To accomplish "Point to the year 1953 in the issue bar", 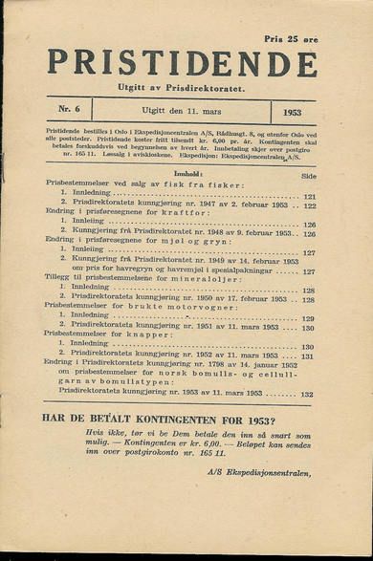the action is point(292,112).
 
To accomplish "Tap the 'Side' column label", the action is point(308,177).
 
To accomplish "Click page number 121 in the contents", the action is point(309,197).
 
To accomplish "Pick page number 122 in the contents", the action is point(309,206).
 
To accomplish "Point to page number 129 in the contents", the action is point(309,319).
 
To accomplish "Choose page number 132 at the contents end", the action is point(307,394).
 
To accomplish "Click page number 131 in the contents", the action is point(307,356).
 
